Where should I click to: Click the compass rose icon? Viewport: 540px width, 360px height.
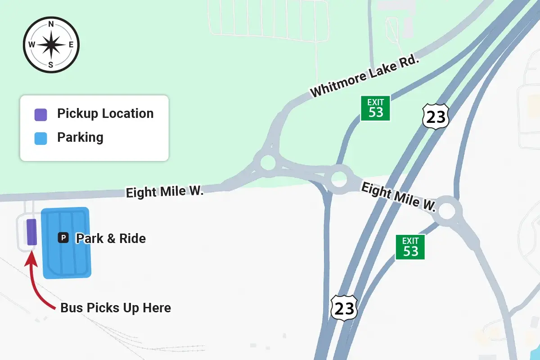pyautogui.click(x=51, y=45)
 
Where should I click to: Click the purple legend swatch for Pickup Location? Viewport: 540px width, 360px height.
pyautogui.click(x=41, y=114)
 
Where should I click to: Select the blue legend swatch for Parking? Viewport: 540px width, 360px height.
pyautogui.click(x=41, y=138)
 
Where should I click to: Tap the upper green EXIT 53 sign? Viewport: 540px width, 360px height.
pyautogui.click(x=376, y=108)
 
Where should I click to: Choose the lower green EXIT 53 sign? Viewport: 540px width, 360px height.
pyautogui.click(x=410, y=247)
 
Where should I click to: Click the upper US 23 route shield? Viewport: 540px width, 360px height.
pyautogui.click(x=436, y=116)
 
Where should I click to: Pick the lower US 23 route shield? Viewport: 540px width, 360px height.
pyautogui.click(x=344, y=308)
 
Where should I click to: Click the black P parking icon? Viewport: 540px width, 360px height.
pyautogui.click(x=63, y=238)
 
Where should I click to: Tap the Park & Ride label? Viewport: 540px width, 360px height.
pyautogui.click(x=111, y=238)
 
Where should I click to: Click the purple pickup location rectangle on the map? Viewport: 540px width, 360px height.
pyautogui.click(x=31, y=232)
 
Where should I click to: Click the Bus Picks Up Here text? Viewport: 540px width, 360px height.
pyautogui.click(x=116, y=308)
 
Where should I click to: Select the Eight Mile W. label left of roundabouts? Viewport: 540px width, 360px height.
pyautogui.click(x=165, y=192)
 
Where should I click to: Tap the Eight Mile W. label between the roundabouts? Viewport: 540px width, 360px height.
pyautogui.click(x=399, y=197)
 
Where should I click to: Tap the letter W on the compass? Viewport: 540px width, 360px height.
pyautogui.click(x=31, y=45)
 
